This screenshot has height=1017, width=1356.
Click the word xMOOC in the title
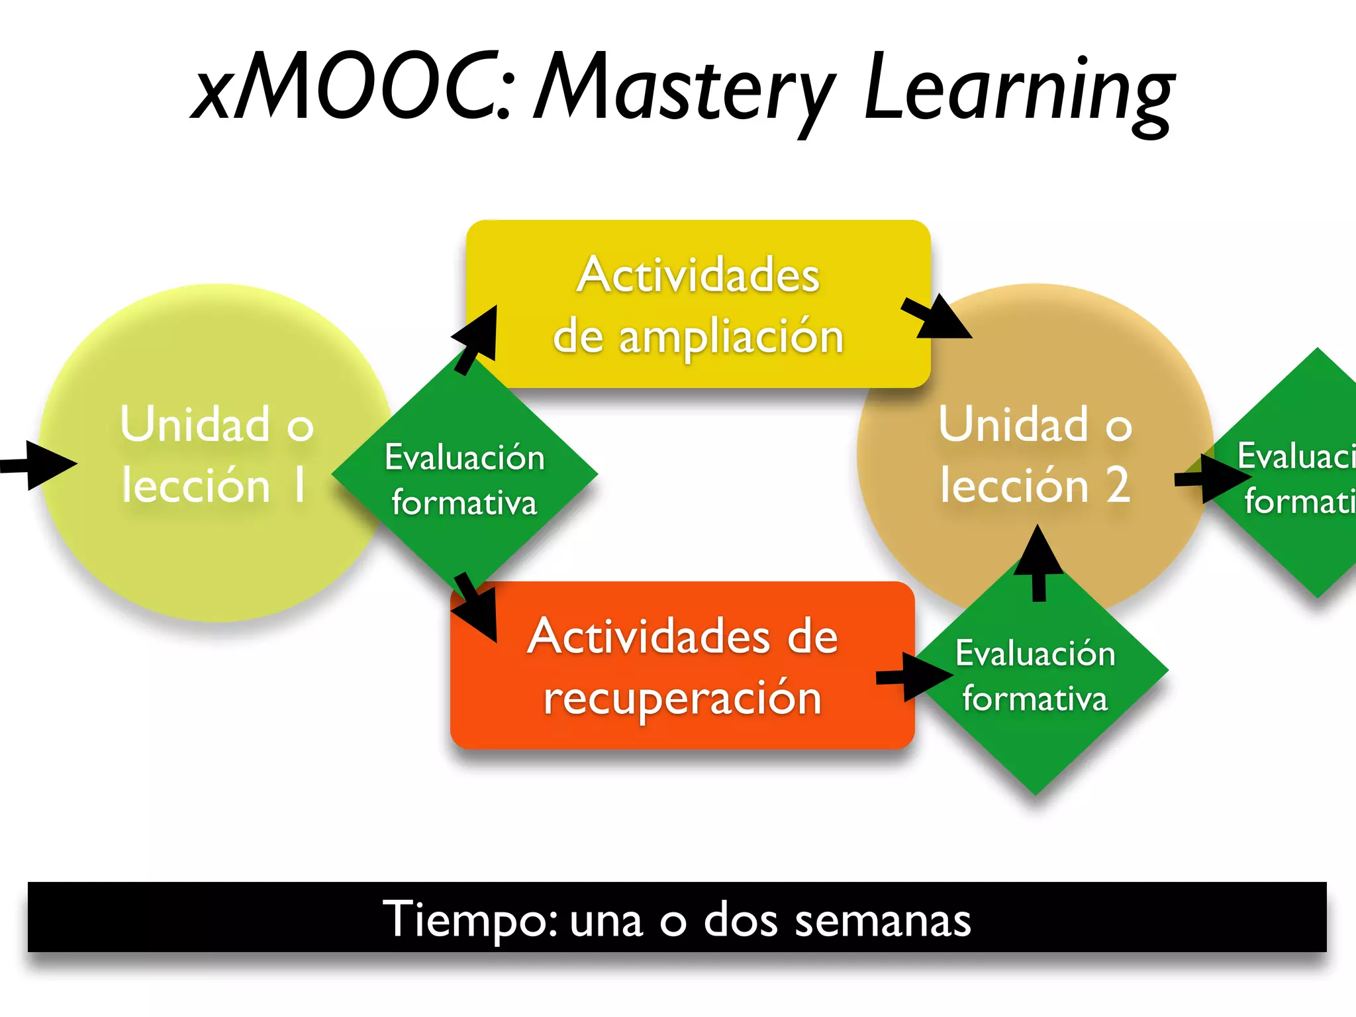click(x=351, y=86)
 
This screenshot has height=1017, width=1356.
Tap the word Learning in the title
click(x=1020, y=89)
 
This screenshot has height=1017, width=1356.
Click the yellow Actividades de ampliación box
click(x=699, y=304)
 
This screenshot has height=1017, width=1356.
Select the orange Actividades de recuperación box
click(x=682, y=665)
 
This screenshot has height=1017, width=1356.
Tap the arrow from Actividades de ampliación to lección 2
click(x=937, y=318)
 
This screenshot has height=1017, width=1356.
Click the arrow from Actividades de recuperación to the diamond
click(x=914, y=677)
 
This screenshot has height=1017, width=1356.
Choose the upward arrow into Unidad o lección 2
click(x=1039, y=563)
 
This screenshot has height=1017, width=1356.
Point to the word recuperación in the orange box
click(x=682, y=699)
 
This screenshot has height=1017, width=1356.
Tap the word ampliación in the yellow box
click(x=731, y=338)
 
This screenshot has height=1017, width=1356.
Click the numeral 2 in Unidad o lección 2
click(x=1118, y=485)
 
